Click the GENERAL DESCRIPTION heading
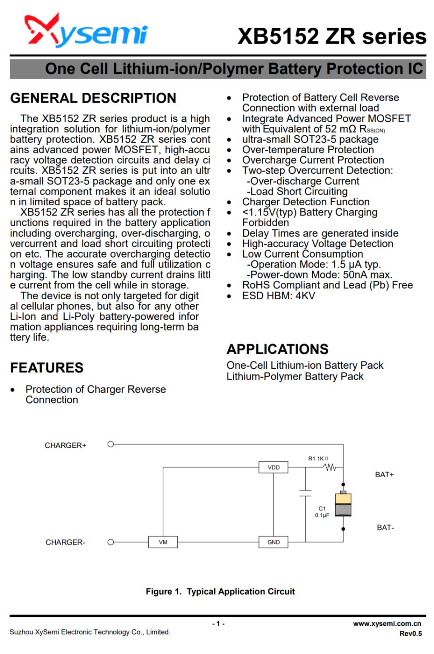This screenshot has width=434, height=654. pos(93,98)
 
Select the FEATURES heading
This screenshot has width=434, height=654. pos(47,368)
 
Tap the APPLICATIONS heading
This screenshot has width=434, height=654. pos(277,349)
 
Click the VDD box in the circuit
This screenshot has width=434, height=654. pos(273,468)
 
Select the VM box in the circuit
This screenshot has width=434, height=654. pos(163,542)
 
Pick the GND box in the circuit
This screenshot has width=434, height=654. pos(273,542)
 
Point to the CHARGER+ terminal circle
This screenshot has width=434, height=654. pos(111,445)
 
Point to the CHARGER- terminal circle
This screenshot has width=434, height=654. pos(111,542)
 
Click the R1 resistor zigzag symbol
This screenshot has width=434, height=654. pos(330,468)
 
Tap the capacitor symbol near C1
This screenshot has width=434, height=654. pos(305,493)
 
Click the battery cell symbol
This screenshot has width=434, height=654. pos(343,505)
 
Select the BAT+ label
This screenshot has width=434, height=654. pos(384,475)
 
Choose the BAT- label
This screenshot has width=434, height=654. pos(385,528)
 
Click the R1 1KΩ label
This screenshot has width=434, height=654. pos(318,459)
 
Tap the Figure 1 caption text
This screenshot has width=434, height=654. pos(220,591)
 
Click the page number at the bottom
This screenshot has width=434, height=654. pos(218,624)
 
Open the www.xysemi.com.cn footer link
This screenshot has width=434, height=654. pos(387,624)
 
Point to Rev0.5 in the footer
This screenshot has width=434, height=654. pos(410,634)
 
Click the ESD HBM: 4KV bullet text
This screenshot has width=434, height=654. pos(279,296)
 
